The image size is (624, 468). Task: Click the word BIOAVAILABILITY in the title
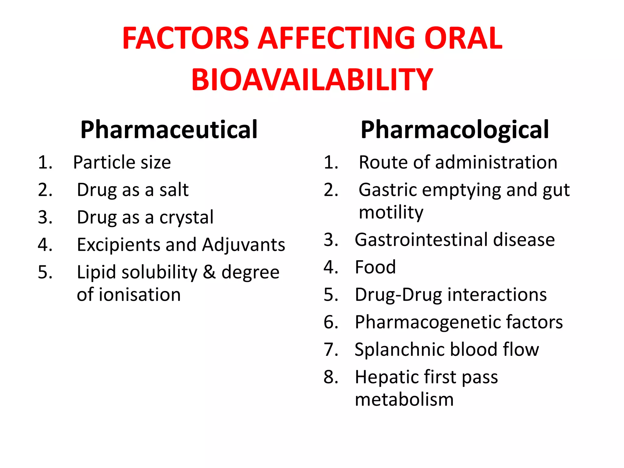312,80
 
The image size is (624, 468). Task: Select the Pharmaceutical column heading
169,130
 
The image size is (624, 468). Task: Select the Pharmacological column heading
455,130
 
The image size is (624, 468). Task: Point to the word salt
174,190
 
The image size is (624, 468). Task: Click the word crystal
186,218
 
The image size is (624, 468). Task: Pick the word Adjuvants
243,245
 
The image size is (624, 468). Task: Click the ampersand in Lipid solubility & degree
209,272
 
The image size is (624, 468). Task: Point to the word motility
391,212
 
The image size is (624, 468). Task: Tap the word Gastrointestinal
421,240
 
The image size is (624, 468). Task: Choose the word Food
375,267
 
